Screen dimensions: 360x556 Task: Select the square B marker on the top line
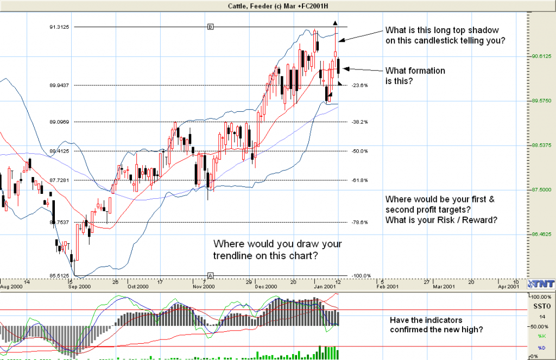(210, 27)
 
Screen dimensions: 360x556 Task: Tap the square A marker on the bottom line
(210, 275)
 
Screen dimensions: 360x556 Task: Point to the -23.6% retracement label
(359, 85)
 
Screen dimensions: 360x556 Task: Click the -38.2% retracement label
(359, 122)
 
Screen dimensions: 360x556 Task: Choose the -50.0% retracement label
(359, 151)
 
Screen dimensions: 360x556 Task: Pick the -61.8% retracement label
(359, 180)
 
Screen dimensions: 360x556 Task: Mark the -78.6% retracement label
(359, 222)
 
